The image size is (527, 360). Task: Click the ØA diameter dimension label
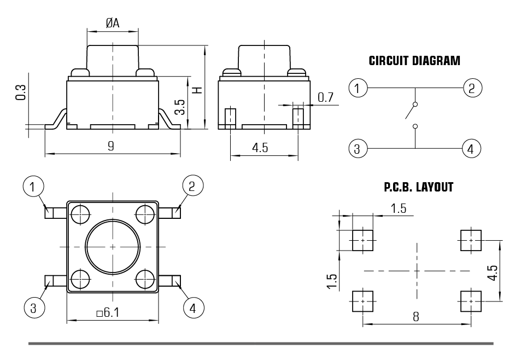pyautogui.click(x=112, y=22)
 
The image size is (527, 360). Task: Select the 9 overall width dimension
pyautogui.click(x=111, y=147)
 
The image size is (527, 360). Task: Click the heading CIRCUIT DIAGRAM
pyautogui.click(x=414, y=61)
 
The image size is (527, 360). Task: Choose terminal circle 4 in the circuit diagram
pyautogui.click(x=471, y=148)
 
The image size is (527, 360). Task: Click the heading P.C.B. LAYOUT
pyautogui.click(x=419, y=188)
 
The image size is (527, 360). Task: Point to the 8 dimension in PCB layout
pyautogui.click(x=415, y=316)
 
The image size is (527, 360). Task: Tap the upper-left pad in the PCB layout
pyautogui.click(x=361, y=240)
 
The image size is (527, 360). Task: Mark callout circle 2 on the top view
pyautogui.click(x=192, y=187)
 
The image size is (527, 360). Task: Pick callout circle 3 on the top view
pyautogui.click(x=33, y=307)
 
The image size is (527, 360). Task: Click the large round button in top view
pyautogui.click(x=113, y=247)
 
